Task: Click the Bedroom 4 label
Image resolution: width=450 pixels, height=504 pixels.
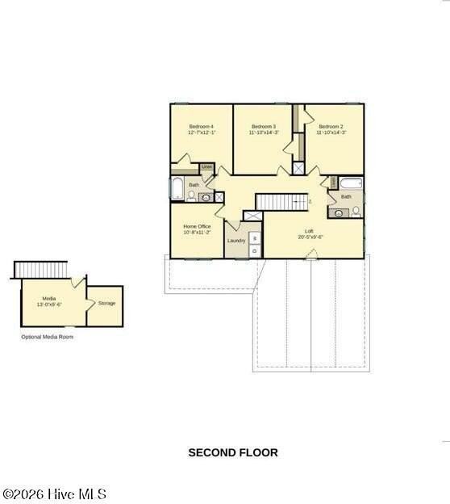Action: point(201,127)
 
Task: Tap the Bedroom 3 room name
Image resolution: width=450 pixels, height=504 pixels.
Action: point(264,127)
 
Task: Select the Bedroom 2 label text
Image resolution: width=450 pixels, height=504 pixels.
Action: point(331,127)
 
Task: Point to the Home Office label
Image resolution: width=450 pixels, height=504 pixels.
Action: point(197,227)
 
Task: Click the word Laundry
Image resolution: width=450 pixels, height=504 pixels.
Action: point(235,241)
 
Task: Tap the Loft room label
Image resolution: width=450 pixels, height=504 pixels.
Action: point(310,231)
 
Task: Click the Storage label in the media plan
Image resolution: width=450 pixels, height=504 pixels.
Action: point(106,304)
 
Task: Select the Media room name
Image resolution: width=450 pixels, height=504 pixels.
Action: point(49,299)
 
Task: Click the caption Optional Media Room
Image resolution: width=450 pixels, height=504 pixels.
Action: point(47,337)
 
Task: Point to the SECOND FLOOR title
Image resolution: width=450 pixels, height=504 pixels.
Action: point(233,453)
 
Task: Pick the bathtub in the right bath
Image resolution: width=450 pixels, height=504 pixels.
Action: point(352,183)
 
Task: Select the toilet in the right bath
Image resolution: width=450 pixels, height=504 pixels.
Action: point(356,212)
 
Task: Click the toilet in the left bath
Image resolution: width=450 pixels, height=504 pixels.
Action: point(192,195)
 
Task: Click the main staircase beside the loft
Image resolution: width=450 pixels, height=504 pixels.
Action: point(282,200)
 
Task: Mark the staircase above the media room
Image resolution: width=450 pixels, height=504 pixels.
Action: point(41,269)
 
